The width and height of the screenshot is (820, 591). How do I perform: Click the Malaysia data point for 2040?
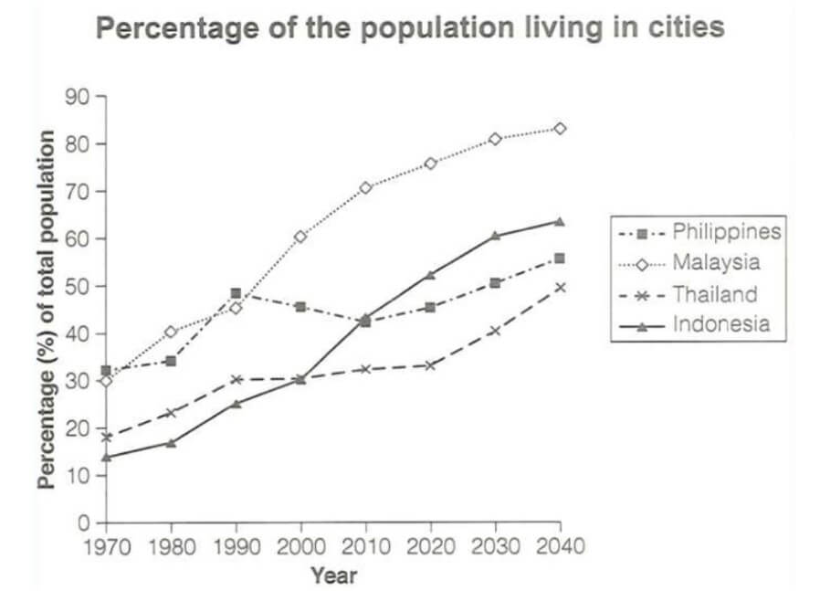559,129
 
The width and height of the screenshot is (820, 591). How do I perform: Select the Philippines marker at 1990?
236,294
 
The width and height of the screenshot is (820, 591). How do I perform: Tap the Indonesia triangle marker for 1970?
107,457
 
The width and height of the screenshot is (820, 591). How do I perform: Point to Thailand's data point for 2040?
559,287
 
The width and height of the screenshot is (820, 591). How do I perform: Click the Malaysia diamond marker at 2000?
300,237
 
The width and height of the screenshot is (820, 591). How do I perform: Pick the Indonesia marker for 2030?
495,236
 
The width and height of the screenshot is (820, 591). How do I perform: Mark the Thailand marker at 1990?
236,379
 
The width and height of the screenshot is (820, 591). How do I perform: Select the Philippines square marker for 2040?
559,259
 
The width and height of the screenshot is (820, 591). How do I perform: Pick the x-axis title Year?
333,575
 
